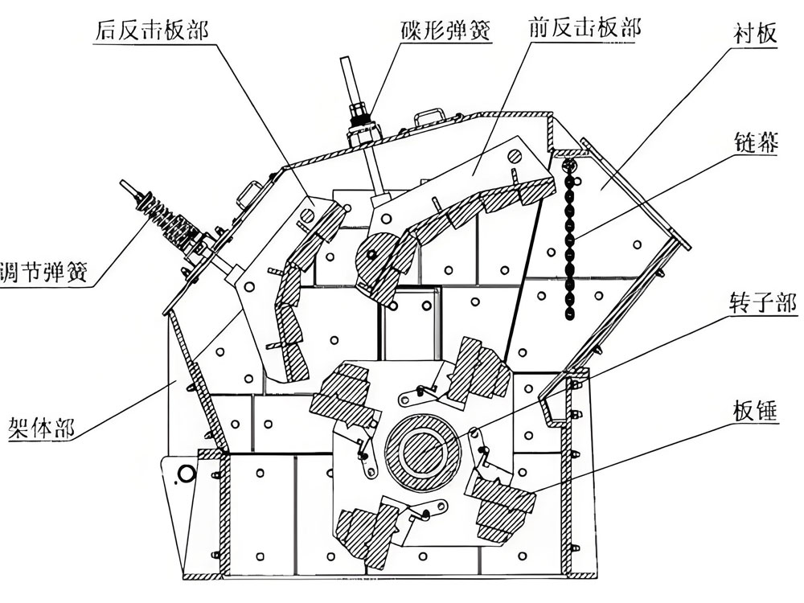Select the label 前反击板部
(x=585, y=30)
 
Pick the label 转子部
(x=755, y=303)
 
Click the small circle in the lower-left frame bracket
(x=186, y=474)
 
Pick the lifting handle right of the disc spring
(x=432, y=114)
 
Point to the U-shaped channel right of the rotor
(x=555, y=402)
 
